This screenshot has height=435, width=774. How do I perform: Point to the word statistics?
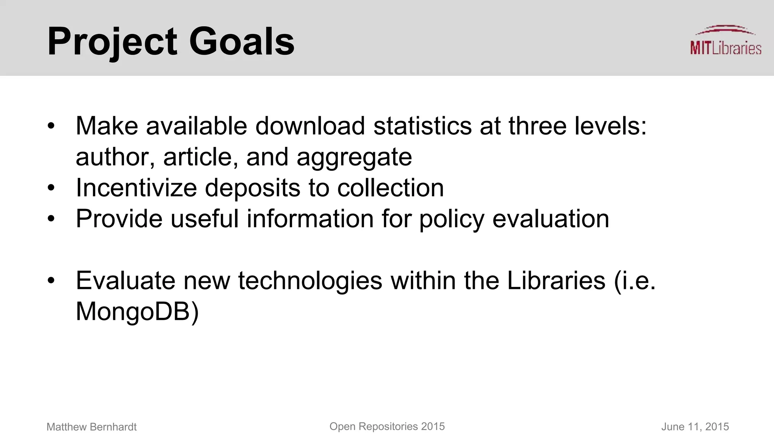pyautogui.click(x=422, y=126)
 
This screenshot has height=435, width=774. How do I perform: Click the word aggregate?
pyautogui.click(x=354, y=157)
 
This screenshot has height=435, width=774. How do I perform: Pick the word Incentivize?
pyautogui.click(x=136, y=188)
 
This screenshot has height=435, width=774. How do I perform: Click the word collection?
pyautogui.click(x=390, y=188)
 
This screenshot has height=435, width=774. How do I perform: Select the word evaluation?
pyautogui.click(x=551, y=219)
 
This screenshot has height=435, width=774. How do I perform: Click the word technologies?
pyautogui.click(x=310, y=281)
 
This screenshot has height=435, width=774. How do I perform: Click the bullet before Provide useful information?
pyautogui.click(x=51, y=219)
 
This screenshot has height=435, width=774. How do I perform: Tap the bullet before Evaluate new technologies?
pyautogui.click(x=51, y=281)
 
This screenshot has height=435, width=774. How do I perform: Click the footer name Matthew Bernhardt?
pyautogui.click(x=91, y=427)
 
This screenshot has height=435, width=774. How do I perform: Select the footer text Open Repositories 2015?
pyautogui.click(x=387, y=427)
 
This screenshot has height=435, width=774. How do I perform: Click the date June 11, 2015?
pyautogui.click(x=695, y=427)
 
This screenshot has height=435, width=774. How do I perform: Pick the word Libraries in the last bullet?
pyautogui.click(x=556, y=281)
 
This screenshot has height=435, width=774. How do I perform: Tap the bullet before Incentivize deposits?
pyautogui.click(x=51, y=188)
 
